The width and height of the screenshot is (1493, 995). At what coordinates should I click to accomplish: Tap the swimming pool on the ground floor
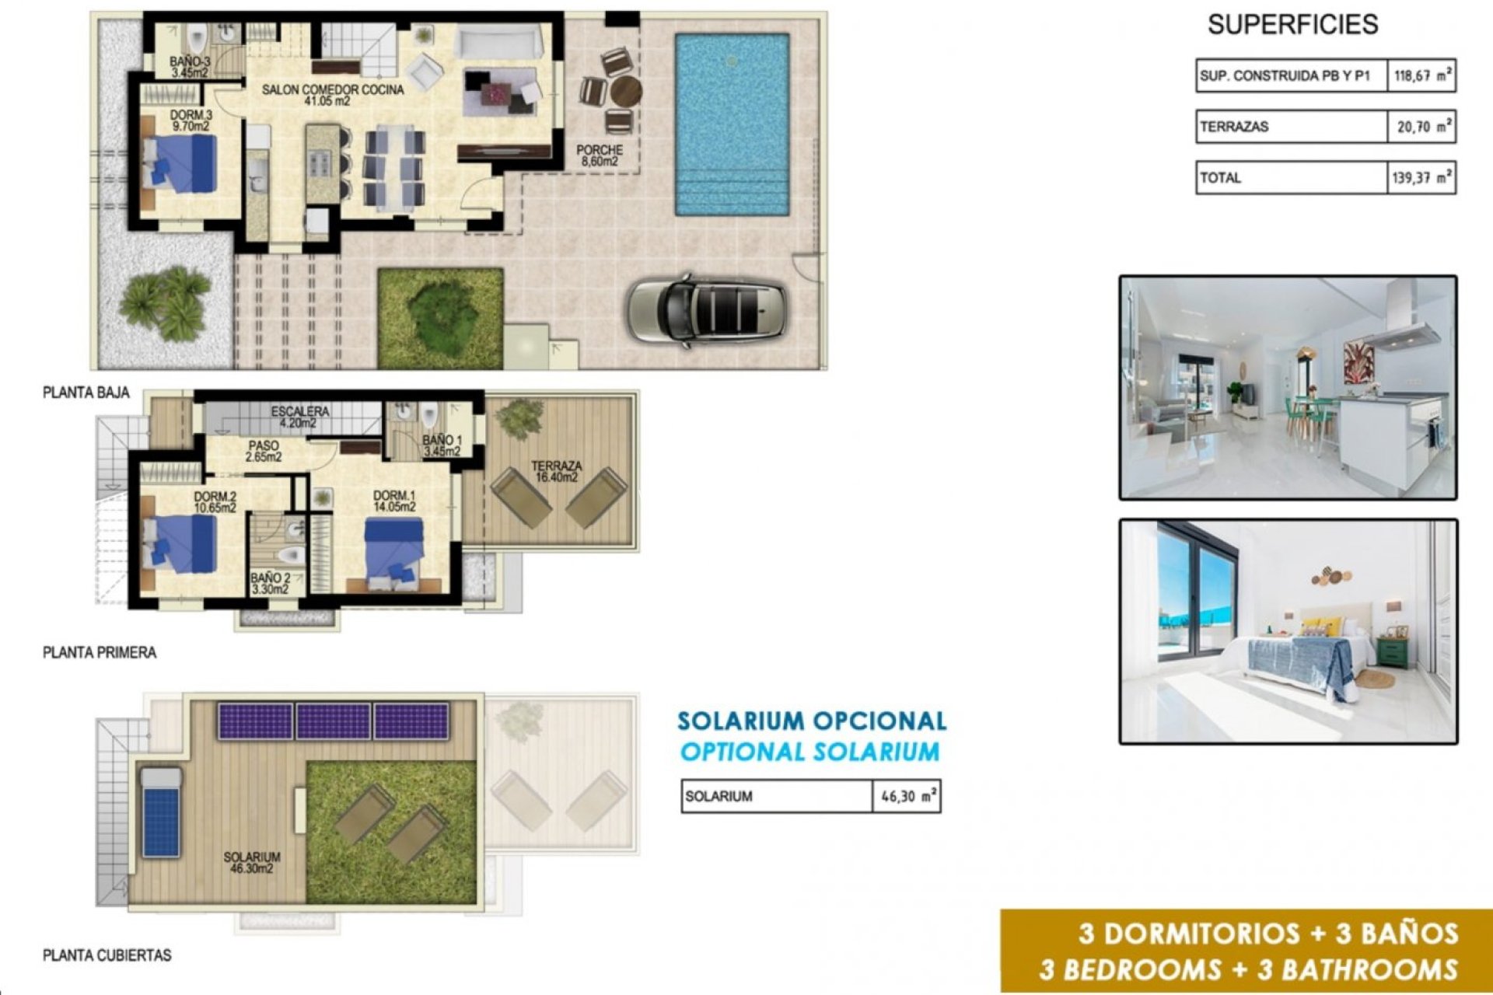point(732,124)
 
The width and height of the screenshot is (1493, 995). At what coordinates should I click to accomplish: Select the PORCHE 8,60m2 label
point(600,155)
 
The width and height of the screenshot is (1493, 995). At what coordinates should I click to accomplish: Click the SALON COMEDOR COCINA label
point(333,95)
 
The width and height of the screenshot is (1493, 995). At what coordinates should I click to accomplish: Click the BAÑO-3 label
point(190,67)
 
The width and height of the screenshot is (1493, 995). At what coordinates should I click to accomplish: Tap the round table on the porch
point(625,92)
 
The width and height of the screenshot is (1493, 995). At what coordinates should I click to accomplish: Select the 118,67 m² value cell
point(1421,76)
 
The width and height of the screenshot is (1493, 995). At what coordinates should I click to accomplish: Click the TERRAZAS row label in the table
point(1234,127)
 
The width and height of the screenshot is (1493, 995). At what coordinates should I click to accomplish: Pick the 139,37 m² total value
point(1421,178)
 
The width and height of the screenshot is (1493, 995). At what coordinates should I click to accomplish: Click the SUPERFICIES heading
point(1292,25)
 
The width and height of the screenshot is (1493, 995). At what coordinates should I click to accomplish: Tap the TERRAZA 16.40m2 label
point(556,471)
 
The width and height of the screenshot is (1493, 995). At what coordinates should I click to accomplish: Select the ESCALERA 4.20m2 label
point(300,417)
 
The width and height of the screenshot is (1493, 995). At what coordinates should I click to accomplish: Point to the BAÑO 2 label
point(271,584)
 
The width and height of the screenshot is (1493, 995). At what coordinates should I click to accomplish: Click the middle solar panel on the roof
point(333,721)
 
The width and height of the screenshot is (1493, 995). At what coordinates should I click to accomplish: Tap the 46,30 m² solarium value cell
point(907,797)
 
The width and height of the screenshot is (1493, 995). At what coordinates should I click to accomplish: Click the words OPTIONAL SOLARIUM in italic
point(809,752)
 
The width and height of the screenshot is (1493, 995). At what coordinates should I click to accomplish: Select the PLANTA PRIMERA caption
point(100,653)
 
